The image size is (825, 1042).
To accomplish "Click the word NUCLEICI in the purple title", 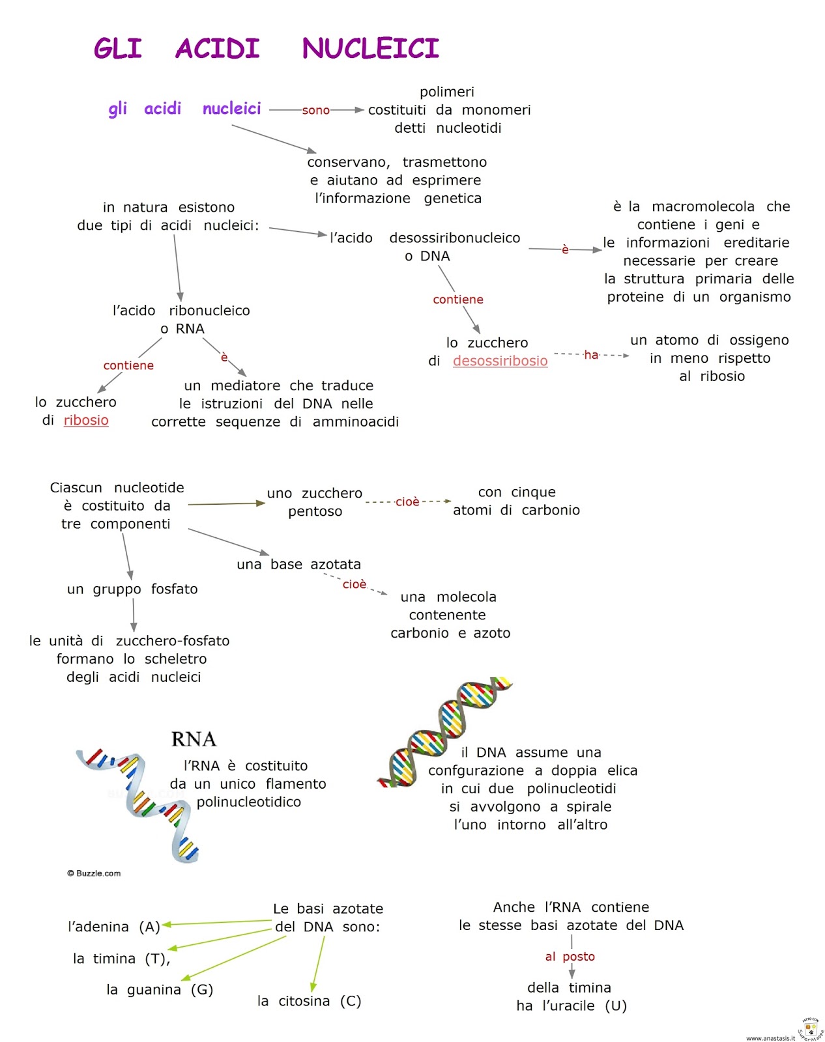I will click(370, 49).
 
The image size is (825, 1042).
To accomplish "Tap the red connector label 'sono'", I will click(315, 110).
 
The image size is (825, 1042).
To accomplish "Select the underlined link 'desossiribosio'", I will click(500, 361).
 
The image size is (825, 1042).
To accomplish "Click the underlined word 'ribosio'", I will click(86, 420).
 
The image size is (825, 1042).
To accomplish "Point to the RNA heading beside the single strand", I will click(194, 739).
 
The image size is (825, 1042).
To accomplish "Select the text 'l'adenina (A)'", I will click(114, 927).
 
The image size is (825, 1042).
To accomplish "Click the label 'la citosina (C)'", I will click(309, 1001).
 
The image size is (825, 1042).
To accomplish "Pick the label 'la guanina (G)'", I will click(160, 990).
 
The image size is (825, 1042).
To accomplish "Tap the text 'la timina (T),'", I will click(121, 959).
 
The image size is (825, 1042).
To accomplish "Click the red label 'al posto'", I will click(570, 957).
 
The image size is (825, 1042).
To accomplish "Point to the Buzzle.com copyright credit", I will click(94, 873).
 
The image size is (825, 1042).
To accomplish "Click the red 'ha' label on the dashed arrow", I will click(591, 355).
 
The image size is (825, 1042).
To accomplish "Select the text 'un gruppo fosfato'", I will click(132, 589).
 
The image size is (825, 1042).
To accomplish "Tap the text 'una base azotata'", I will click(298, 565).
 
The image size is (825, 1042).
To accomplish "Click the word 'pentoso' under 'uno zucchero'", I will click(315, 512).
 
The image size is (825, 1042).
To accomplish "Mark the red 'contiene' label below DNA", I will click(458, 300).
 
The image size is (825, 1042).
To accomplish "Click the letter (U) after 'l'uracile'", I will click(616, 1006).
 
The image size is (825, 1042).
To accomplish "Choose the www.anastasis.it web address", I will click(770, 1038).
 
